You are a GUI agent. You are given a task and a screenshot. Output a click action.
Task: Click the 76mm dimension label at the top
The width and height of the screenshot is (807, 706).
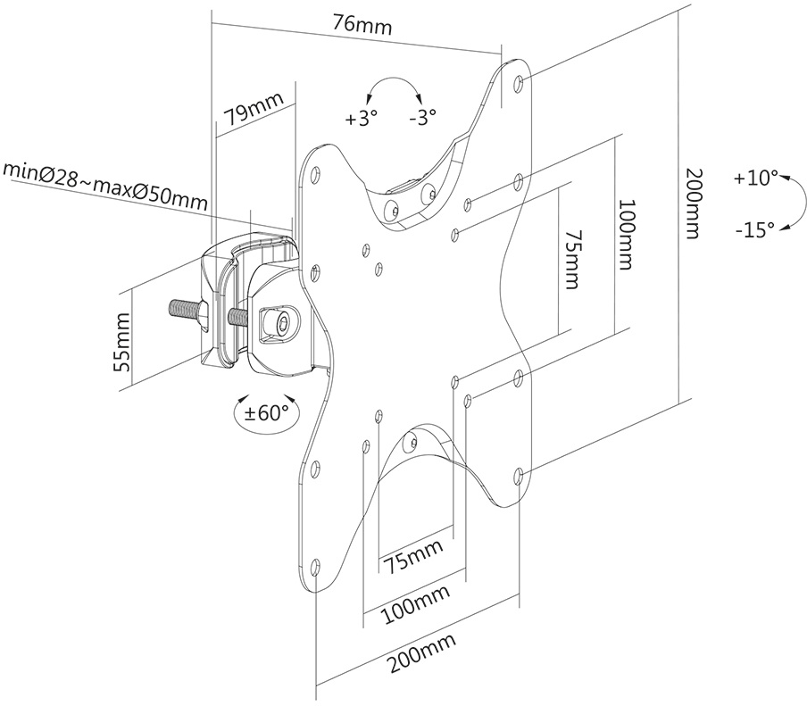[362, 24]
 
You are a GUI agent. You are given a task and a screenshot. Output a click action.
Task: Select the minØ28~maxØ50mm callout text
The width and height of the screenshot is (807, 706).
[105, 187]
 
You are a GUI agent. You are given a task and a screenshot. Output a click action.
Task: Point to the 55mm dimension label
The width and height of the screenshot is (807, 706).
[122, 342]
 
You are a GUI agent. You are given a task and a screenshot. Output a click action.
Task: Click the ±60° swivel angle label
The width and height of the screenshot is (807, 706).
[266, 412]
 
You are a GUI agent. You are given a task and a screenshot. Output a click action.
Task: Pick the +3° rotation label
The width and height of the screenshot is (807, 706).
[362, 119]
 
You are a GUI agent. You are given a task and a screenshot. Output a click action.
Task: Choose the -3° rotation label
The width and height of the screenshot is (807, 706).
[422, 118]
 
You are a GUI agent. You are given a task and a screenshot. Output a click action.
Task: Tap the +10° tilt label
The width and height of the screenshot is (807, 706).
[756, 178]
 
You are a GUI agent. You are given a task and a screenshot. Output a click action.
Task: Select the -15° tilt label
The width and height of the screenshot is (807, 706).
[755, 229]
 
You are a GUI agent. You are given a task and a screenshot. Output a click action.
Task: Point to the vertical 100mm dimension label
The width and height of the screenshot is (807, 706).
[625, 235]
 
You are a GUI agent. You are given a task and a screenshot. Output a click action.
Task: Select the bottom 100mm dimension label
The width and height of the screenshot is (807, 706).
[416, 603]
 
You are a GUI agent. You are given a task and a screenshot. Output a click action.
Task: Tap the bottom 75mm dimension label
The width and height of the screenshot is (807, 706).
[413, 556]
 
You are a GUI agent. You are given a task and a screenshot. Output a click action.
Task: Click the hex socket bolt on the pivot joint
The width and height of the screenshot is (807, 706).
[280, 323]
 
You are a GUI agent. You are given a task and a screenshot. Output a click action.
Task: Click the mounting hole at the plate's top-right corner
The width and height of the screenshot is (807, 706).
[519, 82]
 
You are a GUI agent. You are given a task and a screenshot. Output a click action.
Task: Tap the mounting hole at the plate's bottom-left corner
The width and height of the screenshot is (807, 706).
[315, 567]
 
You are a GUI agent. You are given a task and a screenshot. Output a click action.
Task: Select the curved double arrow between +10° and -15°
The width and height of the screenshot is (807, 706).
[802, 202]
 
